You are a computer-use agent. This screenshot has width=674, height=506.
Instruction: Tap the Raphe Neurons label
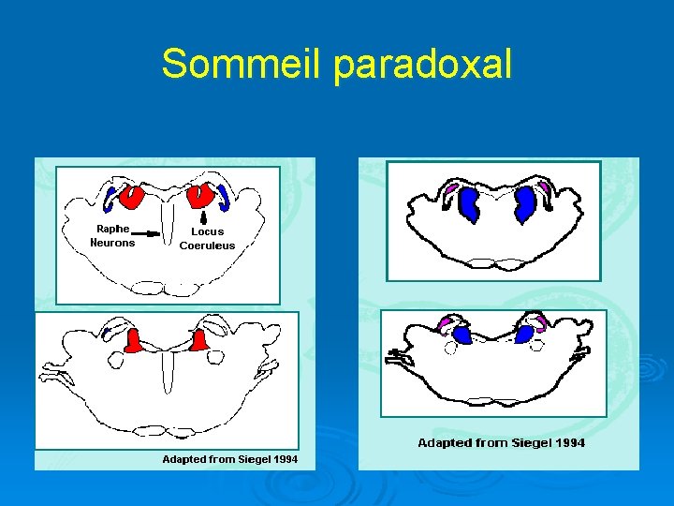[112, 235]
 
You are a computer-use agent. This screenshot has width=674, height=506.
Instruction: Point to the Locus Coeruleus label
[207, 238]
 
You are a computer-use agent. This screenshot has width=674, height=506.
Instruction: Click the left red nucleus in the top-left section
[130, 197]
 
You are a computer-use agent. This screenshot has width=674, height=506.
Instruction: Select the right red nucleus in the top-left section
[199, 195]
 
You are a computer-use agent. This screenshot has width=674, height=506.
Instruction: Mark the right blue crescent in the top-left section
[226, 198]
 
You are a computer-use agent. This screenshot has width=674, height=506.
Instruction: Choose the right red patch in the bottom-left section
[198, 342]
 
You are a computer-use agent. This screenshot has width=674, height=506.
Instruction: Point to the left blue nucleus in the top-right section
[468, 203]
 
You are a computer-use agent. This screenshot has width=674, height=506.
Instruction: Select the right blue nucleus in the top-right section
[525, 202]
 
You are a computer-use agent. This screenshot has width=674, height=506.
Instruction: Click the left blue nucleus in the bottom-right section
[462, 335]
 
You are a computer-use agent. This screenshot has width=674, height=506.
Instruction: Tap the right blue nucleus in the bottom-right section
[526, 334]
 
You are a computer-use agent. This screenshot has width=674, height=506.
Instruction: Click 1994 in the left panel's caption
[282, 459]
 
